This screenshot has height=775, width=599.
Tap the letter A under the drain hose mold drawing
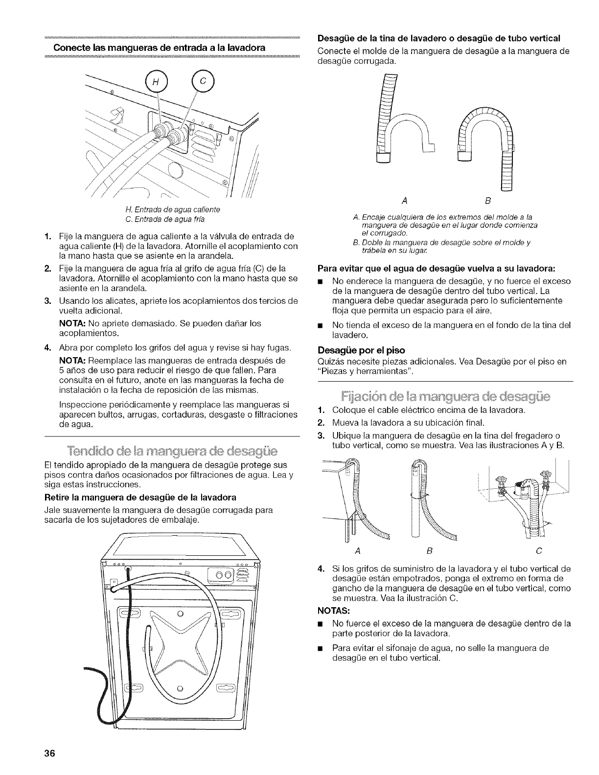pos(403,201)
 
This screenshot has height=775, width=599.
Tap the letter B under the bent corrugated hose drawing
pos(487,201)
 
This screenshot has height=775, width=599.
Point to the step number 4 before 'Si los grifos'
pos(322,569)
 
